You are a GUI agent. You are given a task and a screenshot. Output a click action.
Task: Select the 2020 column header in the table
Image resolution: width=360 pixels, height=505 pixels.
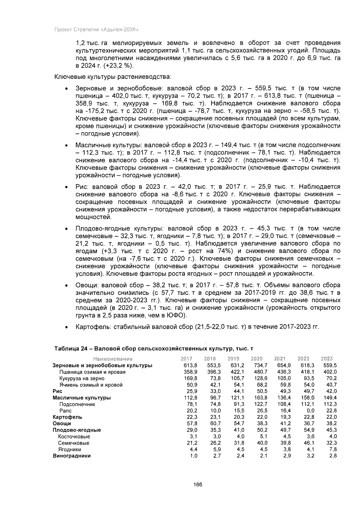coord(256,359)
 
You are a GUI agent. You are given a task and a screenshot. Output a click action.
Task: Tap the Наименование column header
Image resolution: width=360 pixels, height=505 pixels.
coord(113,359)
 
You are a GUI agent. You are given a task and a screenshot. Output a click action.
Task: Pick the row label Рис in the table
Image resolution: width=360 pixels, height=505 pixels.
coord(57,391)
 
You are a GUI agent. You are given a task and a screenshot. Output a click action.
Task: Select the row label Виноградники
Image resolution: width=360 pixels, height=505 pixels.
coord(71,456)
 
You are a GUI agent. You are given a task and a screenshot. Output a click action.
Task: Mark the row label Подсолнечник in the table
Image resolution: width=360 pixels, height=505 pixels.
coord(77,404)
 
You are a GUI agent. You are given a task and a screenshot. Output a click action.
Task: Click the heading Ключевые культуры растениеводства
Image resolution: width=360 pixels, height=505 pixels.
coord(112,77)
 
